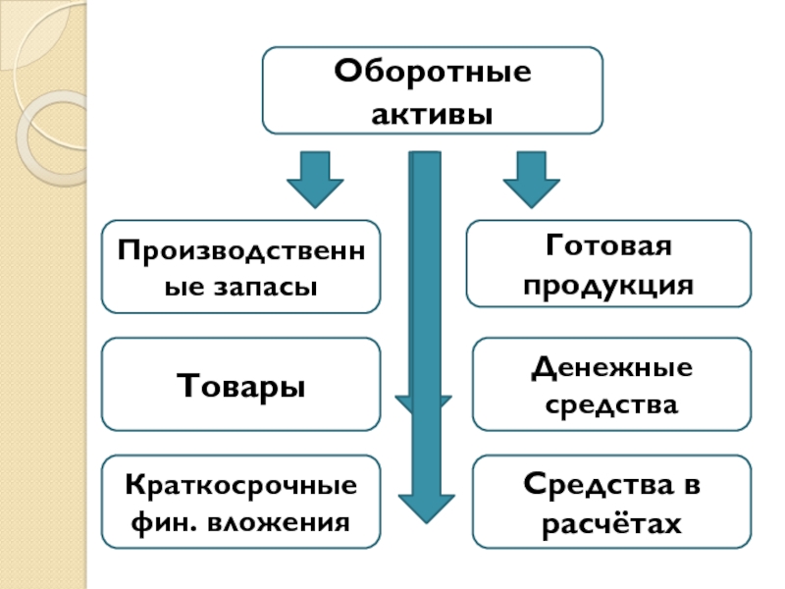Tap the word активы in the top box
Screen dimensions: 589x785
[432, 114]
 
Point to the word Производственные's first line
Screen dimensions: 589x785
[241, 249]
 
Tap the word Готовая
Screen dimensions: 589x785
[608, 247]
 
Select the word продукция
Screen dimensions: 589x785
[608, 287]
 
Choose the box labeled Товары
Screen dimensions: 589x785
[240, 385]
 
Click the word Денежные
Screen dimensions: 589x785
[611, 367]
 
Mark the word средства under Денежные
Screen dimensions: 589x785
[611, 404]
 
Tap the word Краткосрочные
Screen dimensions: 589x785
[241, 486]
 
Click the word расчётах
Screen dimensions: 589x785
[612, 524]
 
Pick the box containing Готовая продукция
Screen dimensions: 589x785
[608, 265]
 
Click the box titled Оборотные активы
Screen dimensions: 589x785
[432, 91]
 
